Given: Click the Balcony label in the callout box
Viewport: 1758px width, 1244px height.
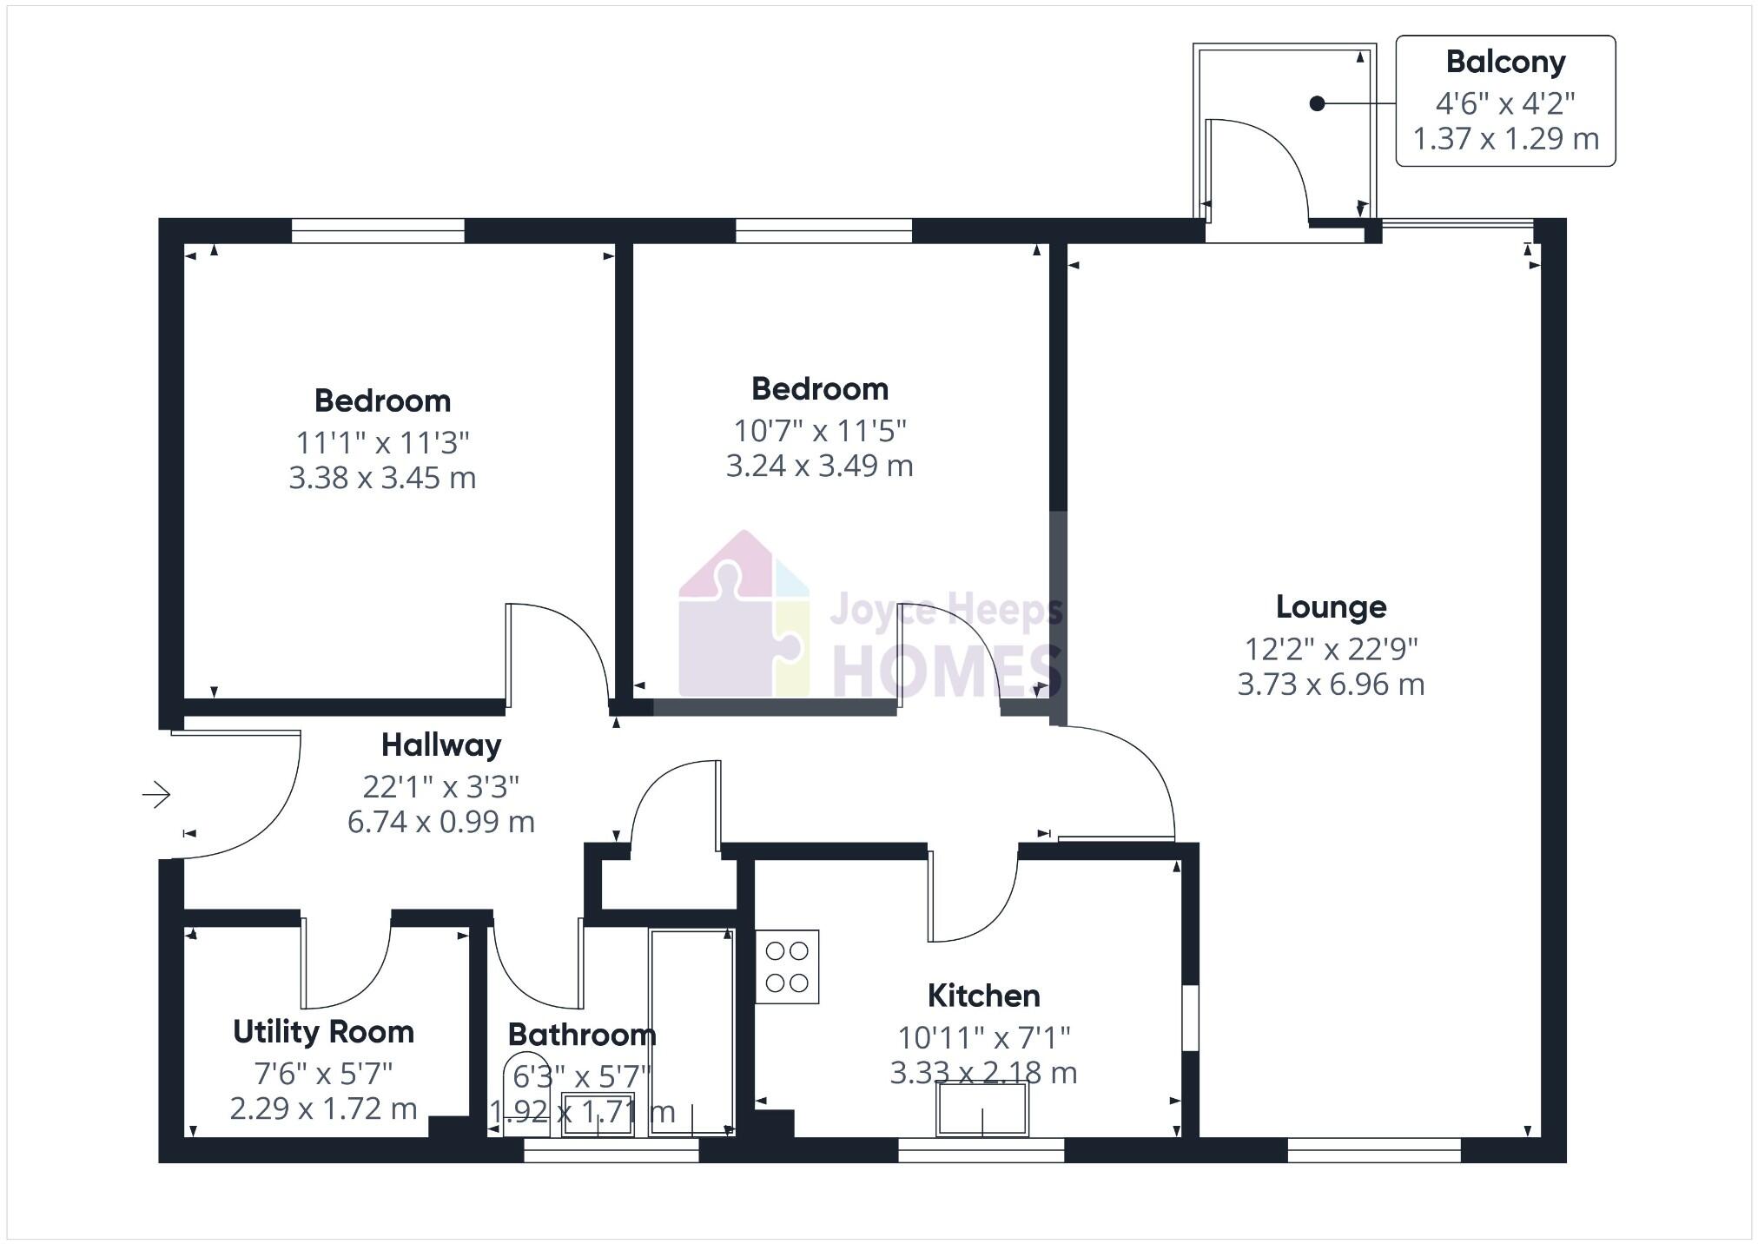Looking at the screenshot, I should click(1505, 63).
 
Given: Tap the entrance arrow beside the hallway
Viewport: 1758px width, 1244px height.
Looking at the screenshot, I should click(156, 794).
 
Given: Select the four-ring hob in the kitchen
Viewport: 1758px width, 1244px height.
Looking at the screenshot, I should click(787, 967).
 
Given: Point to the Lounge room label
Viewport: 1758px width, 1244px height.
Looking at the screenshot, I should click(1331, 607).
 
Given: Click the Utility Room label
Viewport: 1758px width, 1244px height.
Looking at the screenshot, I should click(323, 1032).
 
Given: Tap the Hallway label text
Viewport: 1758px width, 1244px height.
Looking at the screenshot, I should click(441, 745).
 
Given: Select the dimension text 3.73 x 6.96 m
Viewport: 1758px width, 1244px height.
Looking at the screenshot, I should click(1331, 685).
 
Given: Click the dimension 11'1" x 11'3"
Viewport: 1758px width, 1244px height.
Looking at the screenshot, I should click(382, 443).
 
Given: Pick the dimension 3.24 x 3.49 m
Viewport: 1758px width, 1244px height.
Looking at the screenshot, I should click(819, 466).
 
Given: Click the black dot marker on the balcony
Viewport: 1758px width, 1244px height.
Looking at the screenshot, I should click(1317, 104).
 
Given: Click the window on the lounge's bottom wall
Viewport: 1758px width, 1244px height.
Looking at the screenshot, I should click(1374, 1155).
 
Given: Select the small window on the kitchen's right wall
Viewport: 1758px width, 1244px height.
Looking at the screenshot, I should click(1191, 1017).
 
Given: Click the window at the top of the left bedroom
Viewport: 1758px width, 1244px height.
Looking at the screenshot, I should click(378, 230).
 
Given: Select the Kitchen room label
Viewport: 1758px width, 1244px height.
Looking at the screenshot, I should click(983, 996).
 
